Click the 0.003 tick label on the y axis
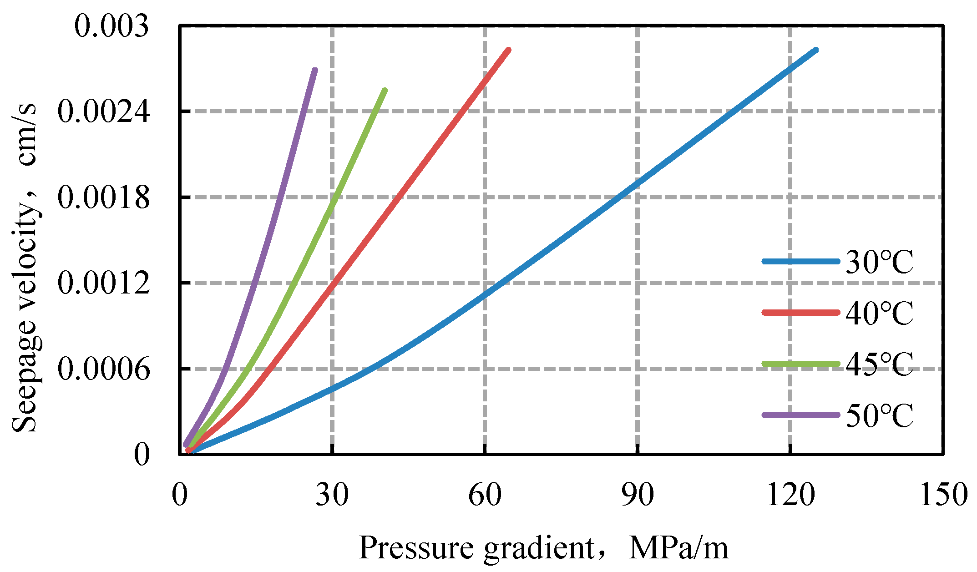click(x=111, y=26)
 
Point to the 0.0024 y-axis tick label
click(x=103, y=111)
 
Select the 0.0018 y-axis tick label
click(x=103, y=197)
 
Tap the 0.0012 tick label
click(x=103, y=283)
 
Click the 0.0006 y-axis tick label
click(x=103, y=369)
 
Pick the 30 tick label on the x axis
click(x=332, y=495)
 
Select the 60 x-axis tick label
click(x=485, y=495)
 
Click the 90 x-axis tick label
click(x=638, y=495)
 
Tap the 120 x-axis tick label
click(x=790, y=495)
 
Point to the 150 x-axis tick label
click(x=943, y=495)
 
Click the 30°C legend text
click(x=879, y=262)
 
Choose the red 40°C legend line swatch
click(x=800, y=313)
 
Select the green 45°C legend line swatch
click(x=800, y=364)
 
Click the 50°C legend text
click(x=879, y=415)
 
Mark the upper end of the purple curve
click(x=315, y=71)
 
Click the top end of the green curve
click(x=385, y=91)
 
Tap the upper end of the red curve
click(x=508, y=50)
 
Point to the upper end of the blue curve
click(x=815, y=50)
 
